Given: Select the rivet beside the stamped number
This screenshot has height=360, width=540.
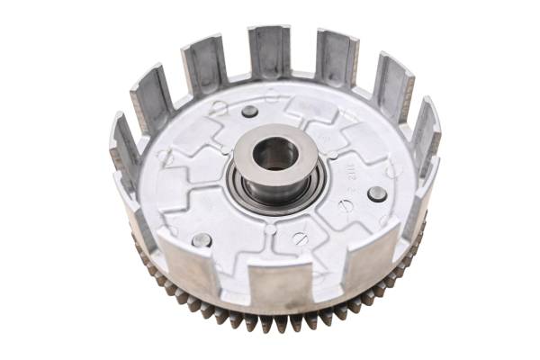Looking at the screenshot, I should tap(377, 193).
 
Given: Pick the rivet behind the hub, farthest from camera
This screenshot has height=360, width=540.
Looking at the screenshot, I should tap(249, 112).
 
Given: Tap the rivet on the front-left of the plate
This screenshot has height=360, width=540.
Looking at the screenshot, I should tap(202, 240).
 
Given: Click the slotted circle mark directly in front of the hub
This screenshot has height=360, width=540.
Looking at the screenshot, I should tap(301, 238).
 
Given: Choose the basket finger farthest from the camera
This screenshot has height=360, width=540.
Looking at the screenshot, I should tap(269, 51).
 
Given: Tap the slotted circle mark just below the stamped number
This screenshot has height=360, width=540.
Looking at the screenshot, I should tap(346, 206).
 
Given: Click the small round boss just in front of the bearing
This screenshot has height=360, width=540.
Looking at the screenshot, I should tap(271, 227).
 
